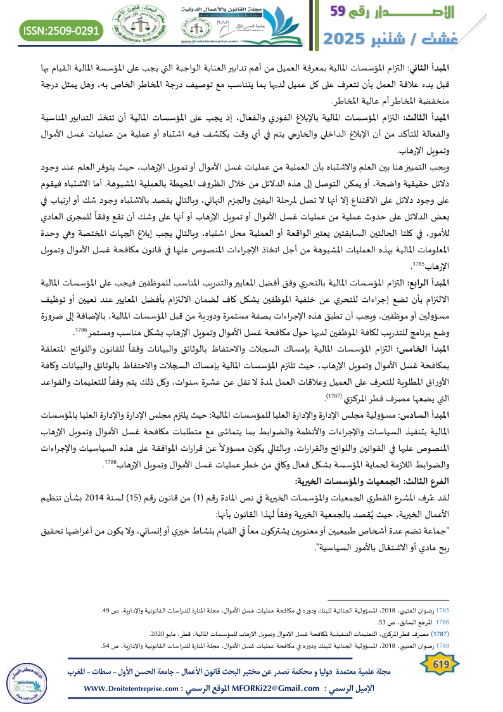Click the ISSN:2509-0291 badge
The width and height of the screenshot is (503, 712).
[61, 30]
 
